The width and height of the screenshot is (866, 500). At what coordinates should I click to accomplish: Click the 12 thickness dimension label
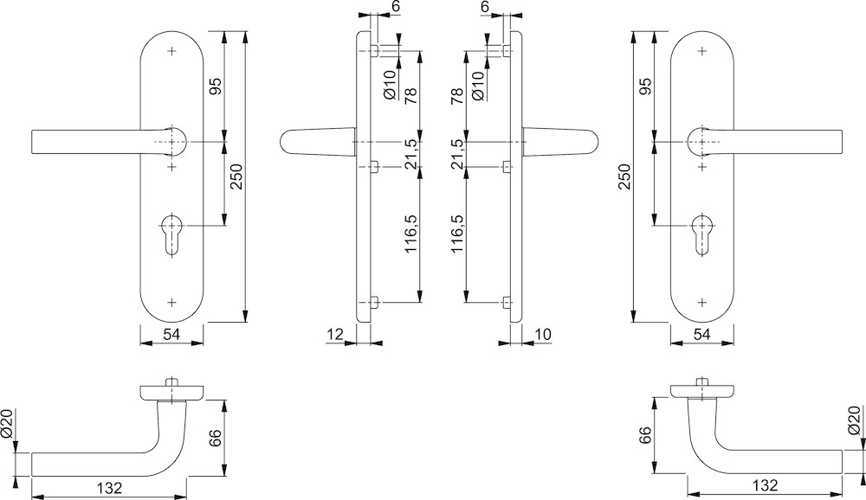click(336, 334)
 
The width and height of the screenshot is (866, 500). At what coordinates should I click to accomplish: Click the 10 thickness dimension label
click(543, 334)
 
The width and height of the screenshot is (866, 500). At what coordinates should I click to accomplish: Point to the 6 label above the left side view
click(396, 7)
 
